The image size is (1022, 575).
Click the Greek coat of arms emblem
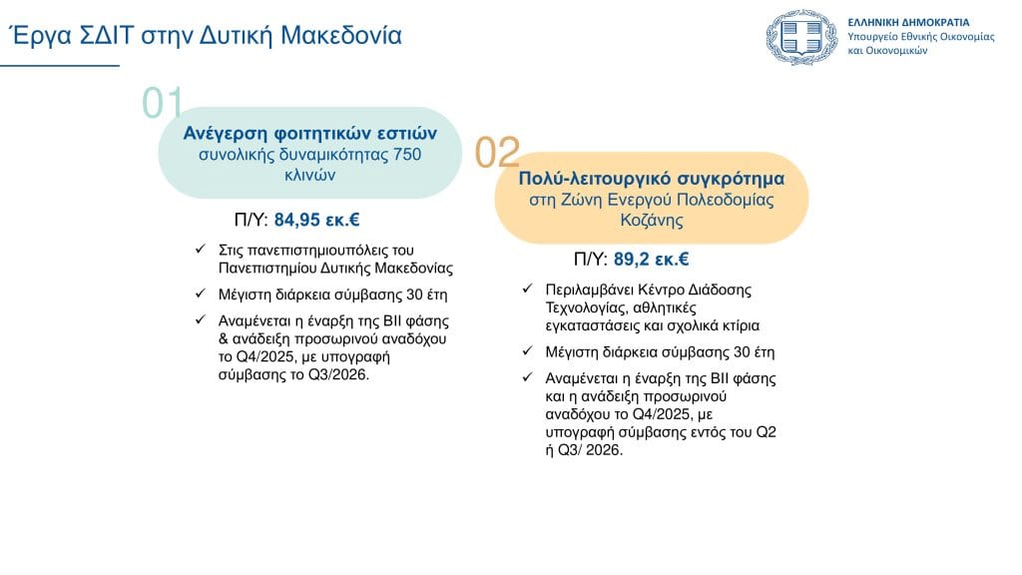801,37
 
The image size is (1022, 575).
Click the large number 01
163,103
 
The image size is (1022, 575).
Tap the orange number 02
497,152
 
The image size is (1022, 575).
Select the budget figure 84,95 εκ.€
316,220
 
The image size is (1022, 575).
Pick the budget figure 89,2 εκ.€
651,260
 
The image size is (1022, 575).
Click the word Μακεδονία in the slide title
341,35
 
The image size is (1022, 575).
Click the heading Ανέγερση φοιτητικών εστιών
309,133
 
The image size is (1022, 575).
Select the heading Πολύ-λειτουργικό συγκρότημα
651,179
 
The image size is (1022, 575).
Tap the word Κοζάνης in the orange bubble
652,220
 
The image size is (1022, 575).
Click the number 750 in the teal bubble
407,155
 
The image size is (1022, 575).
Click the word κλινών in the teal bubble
309,175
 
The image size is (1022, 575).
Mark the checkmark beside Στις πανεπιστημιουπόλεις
201,249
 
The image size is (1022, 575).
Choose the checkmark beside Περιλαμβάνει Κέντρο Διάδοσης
528,288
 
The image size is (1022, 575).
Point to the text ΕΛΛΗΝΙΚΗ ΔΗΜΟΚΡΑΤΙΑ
908,22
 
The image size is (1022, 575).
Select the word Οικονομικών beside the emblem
896,51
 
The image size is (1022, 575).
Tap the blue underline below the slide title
60,65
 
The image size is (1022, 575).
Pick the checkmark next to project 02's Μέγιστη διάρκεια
528,350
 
